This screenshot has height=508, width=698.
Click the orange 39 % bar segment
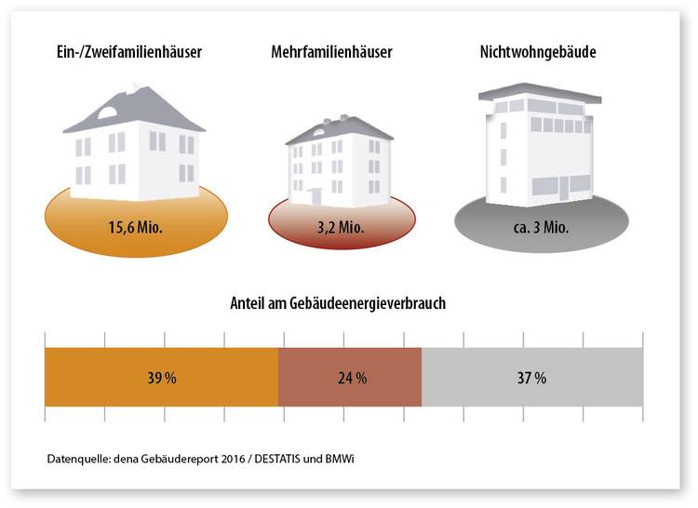161,377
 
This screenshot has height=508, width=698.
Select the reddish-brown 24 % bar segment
350,377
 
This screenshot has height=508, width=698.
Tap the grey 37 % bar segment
532,377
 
